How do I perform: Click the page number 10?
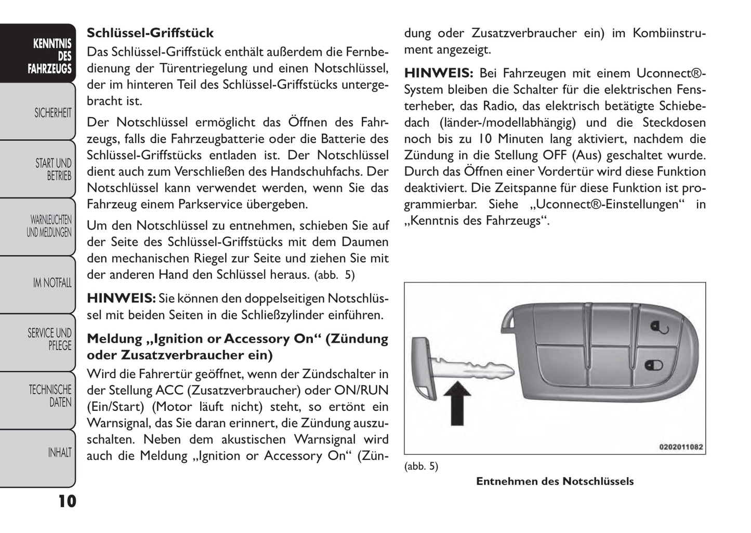pos(67,501)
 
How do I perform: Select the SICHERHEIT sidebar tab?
pos(52,112)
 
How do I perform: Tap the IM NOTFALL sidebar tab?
pos(52,283)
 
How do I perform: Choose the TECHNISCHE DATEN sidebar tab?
pos(50,396)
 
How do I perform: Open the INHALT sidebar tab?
pos(59,452)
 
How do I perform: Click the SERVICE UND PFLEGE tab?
pos(50,339)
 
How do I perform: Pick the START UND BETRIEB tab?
pos(53,169)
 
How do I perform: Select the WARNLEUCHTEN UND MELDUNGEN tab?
pos(49,226)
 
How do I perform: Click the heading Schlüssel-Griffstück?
pos(150,33)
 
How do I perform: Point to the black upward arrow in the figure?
pos(457,403)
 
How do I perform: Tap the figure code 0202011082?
pos(680,447)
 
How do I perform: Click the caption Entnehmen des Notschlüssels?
pos(555,482)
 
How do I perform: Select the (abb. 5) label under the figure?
pos(421,467)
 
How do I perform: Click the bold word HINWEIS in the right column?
pos(438,73)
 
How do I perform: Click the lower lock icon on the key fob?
pos(654,365)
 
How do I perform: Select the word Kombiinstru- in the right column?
pos(669,33)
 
